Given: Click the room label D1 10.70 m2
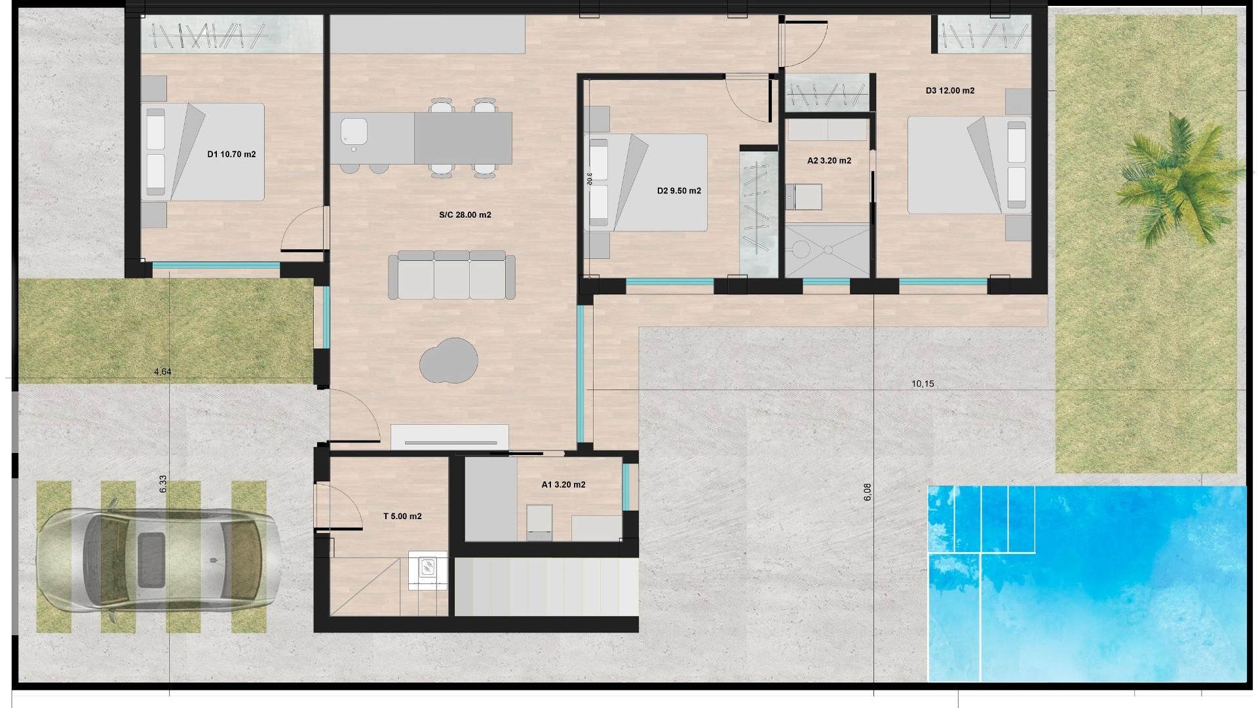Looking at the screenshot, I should (231, 155).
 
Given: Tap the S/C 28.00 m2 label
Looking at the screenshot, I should (465, 215).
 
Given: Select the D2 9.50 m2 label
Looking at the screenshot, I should (679, 191).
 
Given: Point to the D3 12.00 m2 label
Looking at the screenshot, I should (949, 91).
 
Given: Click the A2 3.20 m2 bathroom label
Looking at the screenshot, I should (829, 161).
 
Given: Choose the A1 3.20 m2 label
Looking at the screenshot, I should (563, 485).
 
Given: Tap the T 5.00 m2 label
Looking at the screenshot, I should (402, 517).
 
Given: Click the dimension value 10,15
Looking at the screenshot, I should (923, 384).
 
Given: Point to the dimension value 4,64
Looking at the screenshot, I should (162, 372).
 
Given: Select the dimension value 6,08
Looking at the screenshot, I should (867, 492).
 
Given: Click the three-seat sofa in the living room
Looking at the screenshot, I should (451, 275).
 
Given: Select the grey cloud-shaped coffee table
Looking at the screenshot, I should (449, 361).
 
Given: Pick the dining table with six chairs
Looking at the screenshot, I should (463, 138).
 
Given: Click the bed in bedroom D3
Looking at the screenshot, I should (966, 165).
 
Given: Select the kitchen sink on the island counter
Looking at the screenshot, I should (354, 132).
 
